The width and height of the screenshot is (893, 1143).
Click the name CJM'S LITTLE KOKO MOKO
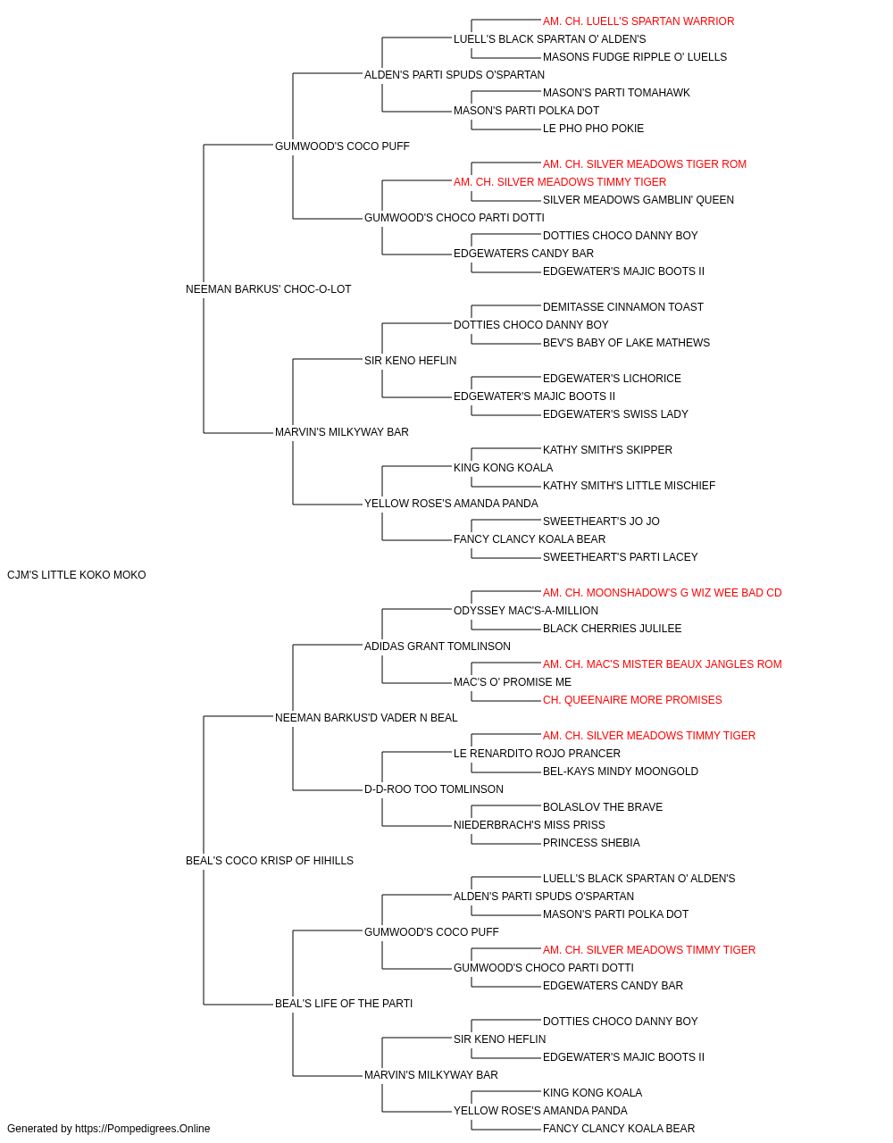pos(76,575)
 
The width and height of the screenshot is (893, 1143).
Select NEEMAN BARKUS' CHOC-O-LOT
pos(268,289)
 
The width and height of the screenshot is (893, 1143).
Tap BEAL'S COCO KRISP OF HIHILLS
pos(270,861)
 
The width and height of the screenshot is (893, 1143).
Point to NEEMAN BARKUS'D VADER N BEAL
pos(366,717)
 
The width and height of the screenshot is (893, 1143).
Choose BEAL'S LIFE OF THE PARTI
pos(344,1004)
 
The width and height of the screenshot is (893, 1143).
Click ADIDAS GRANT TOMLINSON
pos(437,647)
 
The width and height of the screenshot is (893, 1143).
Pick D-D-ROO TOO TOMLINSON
pos(433,789)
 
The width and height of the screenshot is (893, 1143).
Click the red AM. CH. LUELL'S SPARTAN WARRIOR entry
pos(638,21)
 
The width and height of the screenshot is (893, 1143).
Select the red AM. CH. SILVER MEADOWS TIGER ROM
pos(644,164)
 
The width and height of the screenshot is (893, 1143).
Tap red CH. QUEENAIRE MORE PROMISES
pos(632,700)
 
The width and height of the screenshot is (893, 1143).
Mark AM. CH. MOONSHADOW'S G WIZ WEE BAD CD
pos(662,593)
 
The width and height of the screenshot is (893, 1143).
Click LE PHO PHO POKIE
pos(593,129)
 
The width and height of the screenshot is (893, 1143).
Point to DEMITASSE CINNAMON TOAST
pos(622,307)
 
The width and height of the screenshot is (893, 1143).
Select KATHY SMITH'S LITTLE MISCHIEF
pos(629,486)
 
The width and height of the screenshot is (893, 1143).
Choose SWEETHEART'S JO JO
pos(601,521)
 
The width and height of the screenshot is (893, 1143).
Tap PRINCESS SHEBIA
pos(591,843)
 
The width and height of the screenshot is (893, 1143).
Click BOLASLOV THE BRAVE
pos(603,807)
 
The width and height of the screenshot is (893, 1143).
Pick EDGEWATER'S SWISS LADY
pos(615,414)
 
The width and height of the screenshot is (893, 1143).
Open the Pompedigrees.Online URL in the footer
pos(142,1129)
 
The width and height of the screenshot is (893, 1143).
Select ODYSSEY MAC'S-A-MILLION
pos(526,611)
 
